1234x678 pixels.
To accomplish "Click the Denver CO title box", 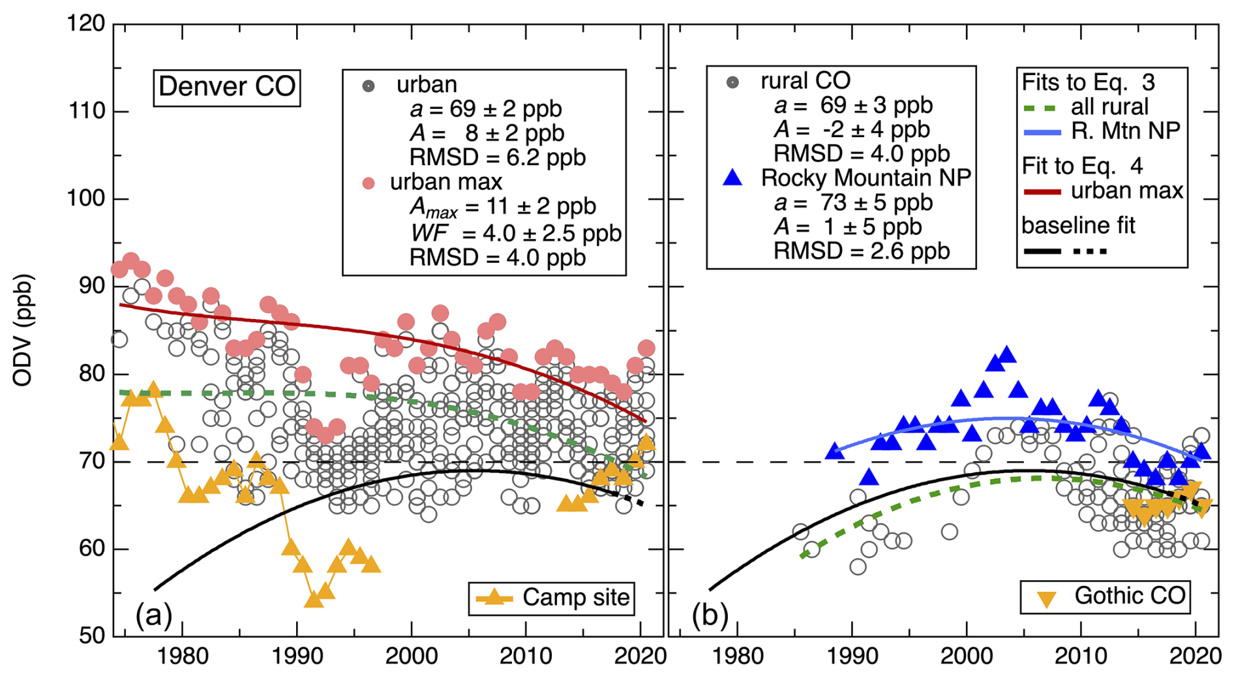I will [x=226, y=87].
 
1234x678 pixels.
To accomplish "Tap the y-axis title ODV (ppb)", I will [x=23, y=330].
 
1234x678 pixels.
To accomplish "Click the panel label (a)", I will [x=153, y=614].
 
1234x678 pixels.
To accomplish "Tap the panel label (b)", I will [x=710, y=614].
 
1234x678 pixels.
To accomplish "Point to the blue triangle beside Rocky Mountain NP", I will [x=733, y=177].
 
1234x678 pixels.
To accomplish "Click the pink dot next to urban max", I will [x=369, y=183].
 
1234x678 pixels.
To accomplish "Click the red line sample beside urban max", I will [x=1042, y=193].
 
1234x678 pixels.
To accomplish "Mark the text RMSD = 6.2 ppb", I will [x=497, y=157].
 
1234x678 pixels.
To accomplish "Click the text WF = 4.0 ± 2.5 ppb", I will [x=515, y=233].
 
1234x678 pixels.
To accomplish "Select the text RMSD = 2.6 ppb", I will [x=861, y=251].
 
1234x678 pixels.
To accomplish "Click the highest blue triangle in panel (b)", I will [x=1007, y=355].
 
